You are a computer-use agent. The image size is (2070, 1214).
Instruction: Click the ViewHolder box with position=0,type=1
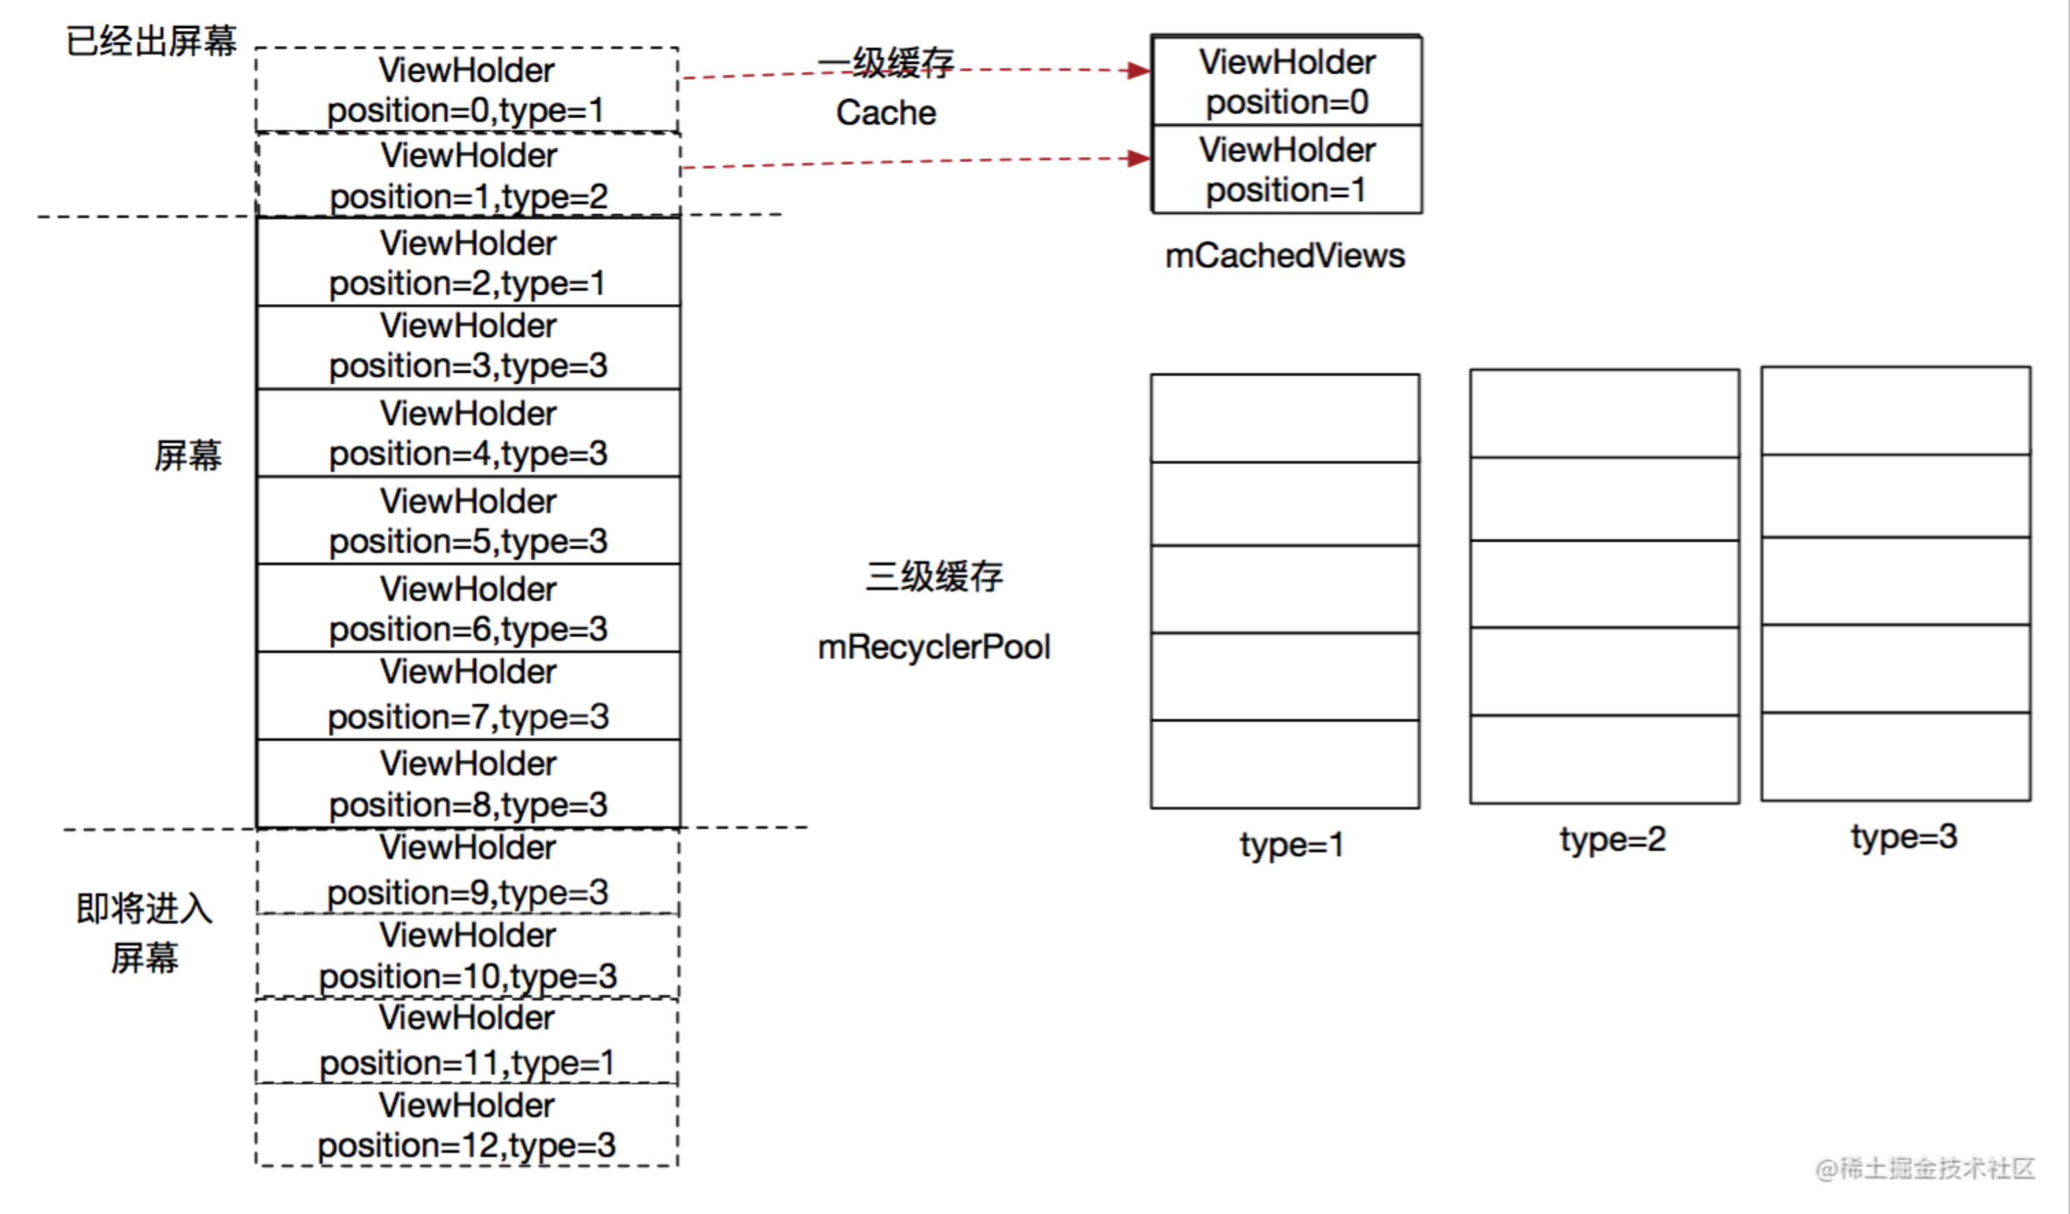467,91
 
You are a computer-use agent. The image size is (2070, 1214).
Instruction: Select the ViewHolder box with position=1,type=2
468,176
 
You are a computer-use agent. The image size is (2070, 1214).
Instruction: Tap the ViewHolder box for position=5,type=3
468,520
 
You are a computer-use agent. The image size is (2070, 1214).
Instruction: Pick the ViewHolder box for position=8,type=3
468,783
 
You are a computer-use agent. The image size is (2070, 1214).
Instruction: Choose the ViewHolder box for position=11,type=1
467,1041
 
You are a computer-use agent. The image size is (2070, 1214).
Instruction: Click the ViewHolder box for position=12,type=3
467,1125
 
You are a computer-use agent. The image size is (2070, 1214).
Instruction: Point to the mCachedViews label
1285,256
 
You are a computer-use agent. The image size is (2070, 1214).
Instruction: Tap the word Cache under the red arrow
886,113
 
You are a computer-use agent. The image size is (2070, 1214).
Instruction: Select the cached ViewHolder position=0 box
1287,81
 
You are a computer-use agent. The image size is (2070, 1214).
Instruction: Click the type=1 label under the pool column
1291,845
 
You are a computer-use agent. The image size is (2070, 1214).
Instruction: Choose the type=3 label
1904,837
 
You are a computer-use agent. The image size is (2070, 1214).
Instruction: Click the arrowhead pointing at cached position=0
1138,71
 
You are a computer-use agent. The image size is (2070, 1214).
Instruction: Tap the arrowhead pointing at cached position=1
1138,159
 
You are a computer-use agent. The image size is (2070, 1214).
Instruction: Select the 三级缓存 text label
934,577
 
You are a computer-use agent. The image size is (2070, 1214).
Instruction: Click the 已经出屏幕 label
151,41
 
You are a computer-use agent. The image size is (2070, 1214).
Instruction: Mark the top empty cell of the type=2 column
1605,414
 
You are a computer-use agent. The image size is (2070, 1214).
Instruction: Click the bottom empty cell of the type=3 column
1896,757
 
